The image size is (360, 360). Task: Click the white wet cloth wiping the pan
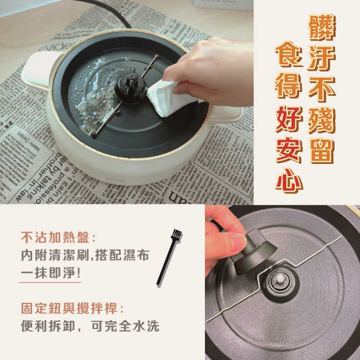click(166, 97)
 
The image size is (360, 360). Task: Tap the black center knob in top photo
click(130, 86)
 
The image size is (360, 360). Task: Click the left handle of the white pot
click(39, 69)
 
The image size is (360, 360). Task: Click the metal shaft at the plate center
click(280, 276)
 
